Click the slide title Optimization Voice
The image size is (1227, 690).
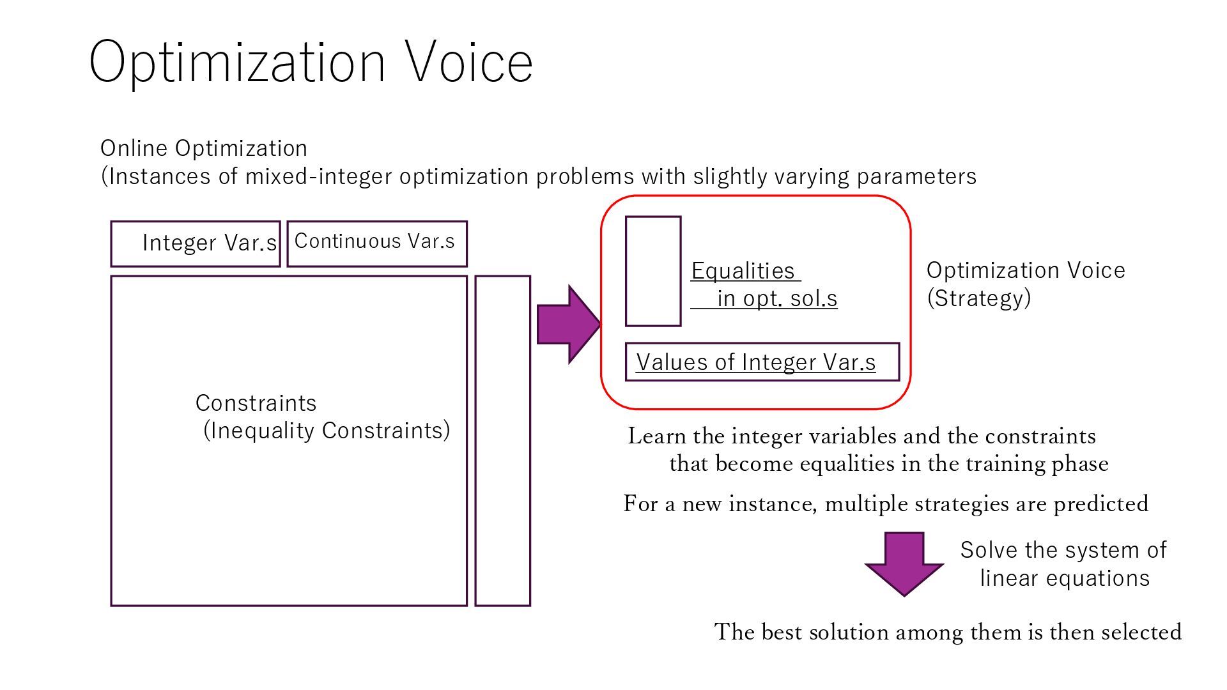click(311, 61)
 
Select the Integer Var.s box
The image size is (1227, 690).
click(196, 243)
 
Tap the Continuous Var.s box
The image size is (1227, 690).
click(377, 243)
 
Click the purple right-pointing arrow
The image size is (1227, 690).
click(568, 325)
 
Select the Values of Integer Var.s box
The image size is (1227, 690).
click(762, 362)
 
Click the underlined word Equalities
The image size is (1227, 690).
click(743, 271)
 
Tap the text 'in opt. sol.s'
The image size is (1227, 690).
click(777, 298)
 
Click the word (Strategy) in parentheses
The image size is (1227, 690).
click(978, 298)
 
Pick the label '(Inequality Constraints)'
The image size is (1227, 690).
click(327, 431)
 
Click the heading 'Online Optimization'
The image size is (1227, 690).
click(204, 148)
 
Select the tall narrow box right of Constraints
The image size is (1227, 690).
click(502, 441)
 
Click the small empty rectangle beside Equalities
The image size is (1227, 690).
click(652, 272)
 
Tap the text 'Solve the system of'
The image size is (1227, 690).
click(1063, 550)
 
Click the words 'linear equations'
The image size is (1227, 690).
click(1065, 578)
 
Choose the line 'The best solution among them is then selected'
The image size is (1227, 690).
click(948, 632)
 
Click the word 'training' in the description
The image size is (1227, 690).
click(997, 464)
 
